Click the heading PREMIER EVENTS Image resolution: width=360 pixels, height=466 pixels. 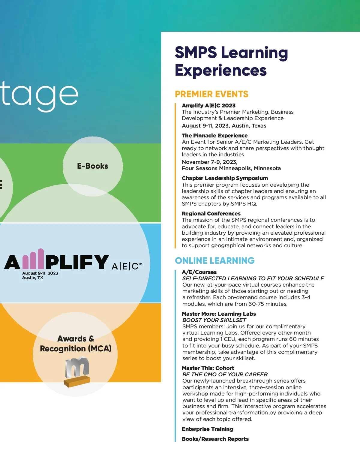pyautogui.click(x=211, y=94)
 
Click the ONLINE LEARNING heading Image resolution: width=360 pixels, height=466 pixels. pyautogui.click(x=214, y=261)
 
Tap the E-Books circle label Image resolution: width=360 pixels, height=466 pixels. pyautogui.click(x=92, y=166)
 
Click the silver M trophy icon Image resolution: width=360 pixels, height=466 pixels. pyautogui.click(x=77, y=371)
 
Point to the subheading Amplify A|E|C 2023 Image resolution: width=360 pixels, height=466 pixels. pyautogui.click(x=208, y=106)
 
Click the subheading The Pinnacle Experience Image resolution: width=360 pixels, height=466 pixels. pyautogui.click(x=214, y=136)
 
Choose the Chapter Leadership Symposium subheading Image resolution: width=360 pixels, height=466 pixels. pyautogui.click(x=225, y=178)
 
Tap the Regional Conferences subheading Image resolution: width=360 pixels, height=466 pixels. pyautogui.click(x=211, y=214)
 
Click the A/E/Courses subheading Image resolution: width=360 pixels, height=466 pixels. pyautogui.click(x=199, y=272)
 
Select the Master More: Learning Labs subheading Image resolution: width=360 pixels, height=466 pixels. pyautogui.click(x=219, y=314)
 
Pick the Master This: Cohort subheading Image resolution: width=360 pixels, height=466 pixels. pyautogui.click(x=208, y=368)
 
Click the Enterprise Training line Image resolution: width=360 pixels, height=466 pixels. pyautogui.click(x=207, y=429)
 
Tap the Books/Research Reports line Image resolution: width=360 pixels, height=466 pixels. pyautogui.click(x=215, y=439)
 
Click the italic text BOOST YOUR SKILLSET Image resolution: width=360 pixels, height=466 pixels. pyautogui.click(x=214, y=320)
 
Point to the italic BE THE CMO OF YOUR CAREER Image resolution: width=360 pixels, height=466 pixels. pyautogui.click(x=225, y=374)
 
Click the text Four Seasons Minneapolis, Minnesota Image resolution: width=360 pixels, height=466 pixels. pyautogui.click(x=231, y=168)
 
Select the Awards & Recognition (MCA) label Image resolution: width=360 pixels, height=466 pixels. pyautogui.click(x=76, y=344)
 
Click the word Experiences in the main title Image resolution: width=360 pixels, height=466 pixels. pyautogui.click(x=220, y=71)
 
